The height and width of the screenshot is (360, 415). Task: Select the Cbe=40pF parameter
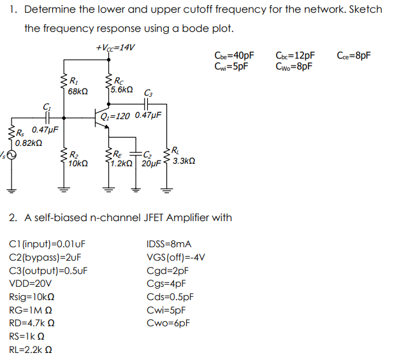click(x=235, y=55)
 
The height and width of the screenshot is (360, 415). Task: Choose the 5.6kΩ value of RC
click(x=121, y=90)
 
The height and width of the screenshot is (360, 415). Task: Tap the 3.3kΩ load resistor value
click(x=184, y=162)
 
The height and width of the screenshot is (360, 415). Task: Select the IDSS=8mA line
click(x=169, y=244)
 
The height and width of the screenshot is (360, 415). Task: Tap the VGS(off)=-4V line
click(x=175, y=257)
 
